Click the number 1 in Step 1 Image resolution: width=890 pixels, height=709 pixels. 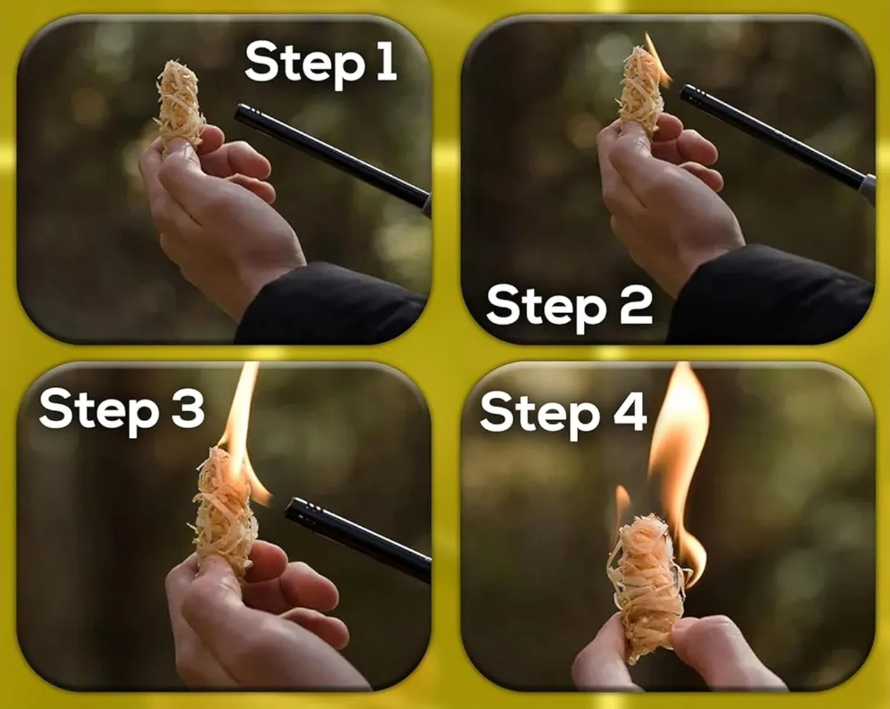point(386,63)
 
